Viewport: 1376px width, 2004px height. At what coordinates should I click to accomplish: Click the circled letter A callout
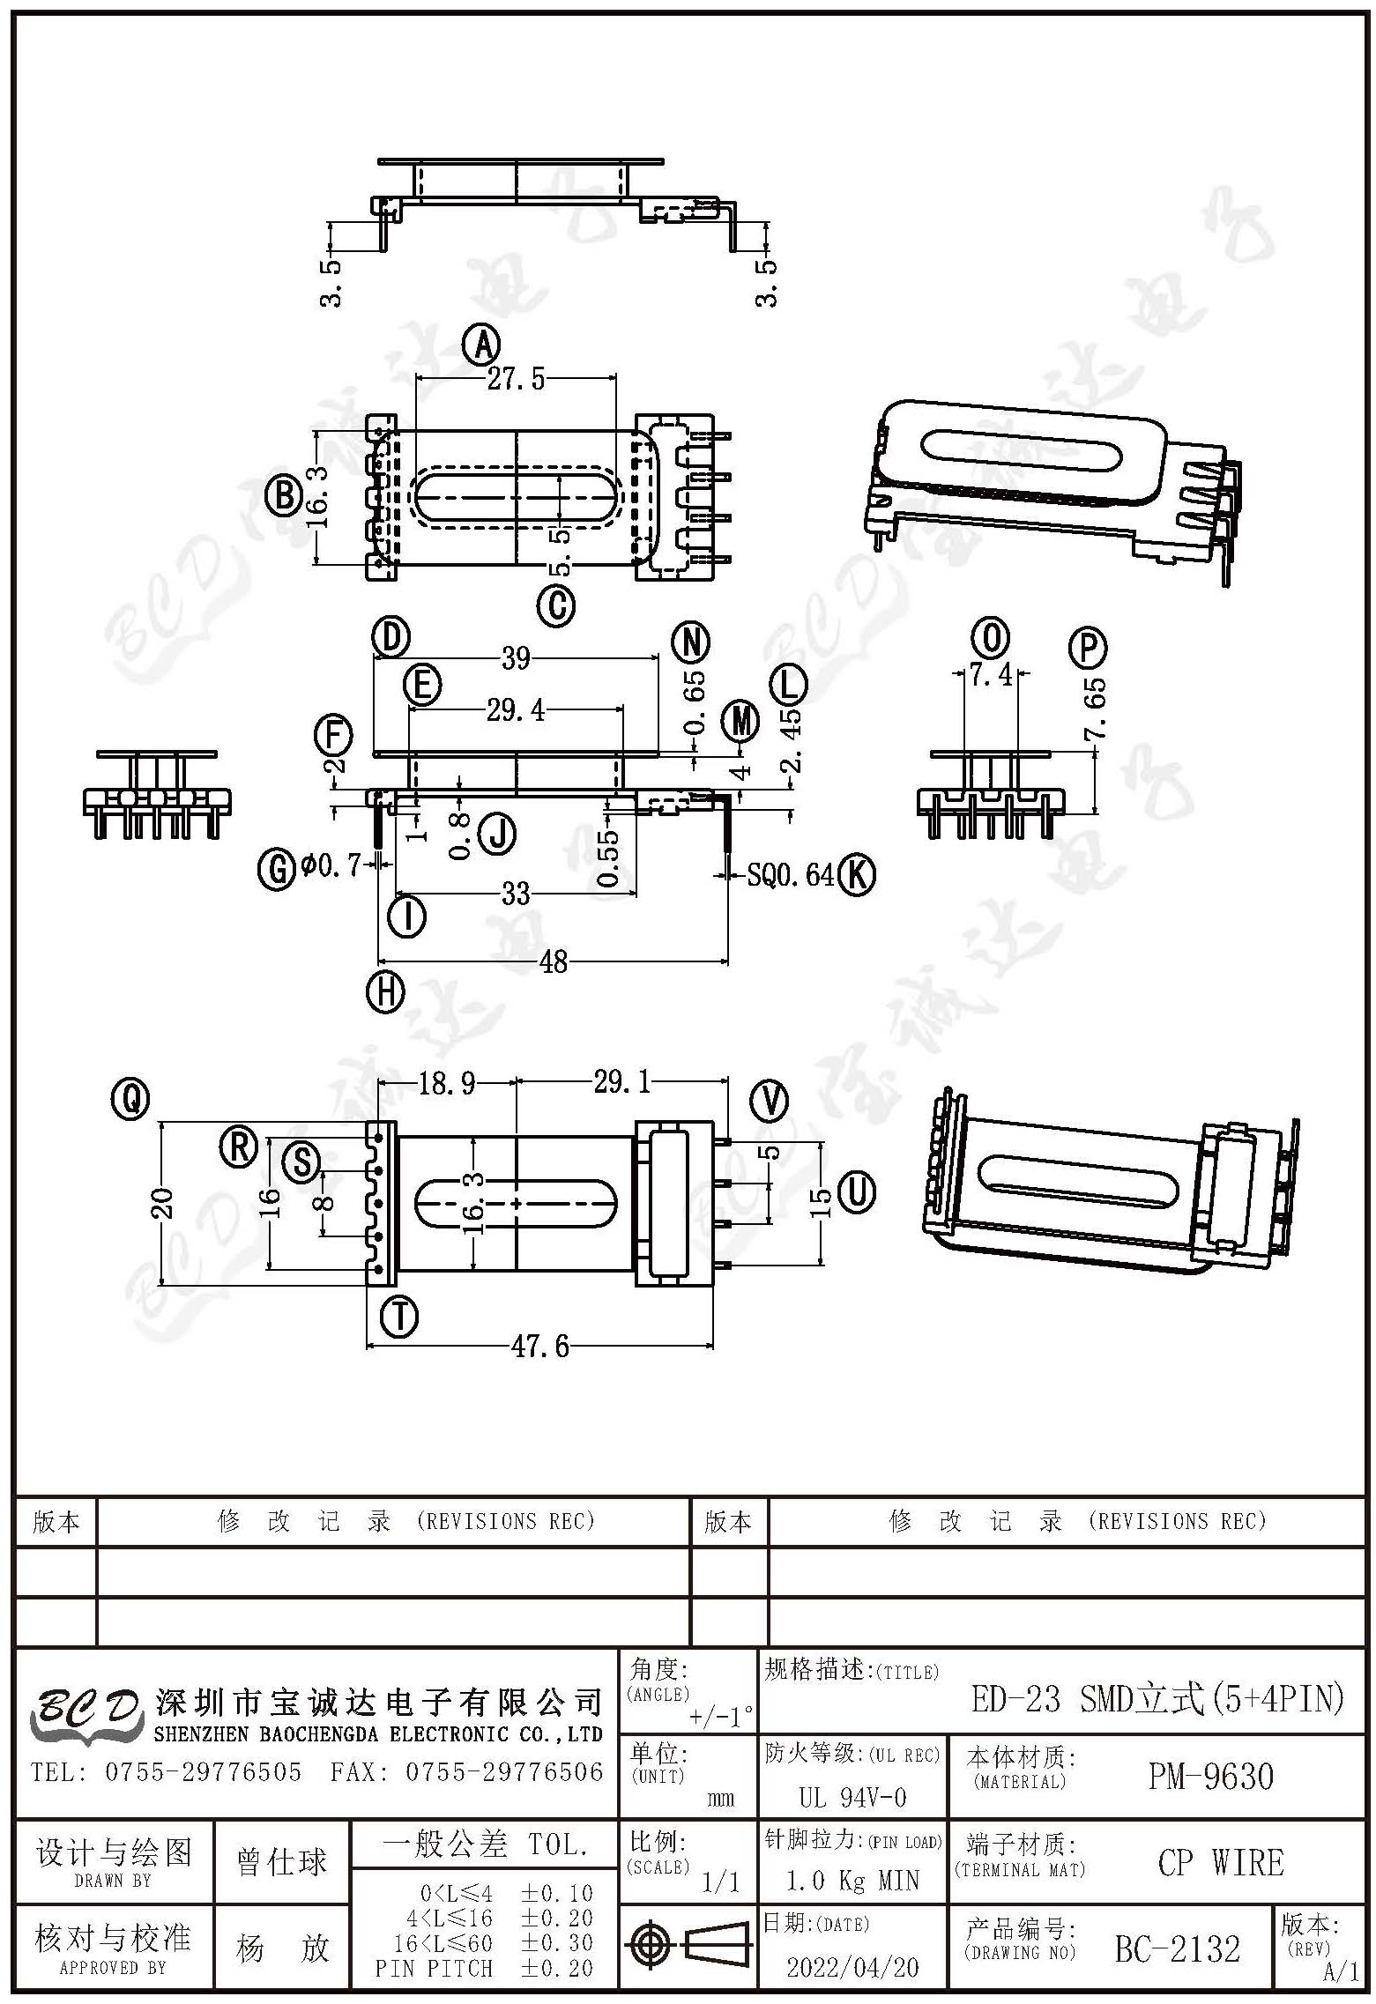coord(482,345)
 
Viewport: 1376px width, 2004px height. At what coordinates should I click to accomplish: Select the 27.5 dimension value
coord(516,379)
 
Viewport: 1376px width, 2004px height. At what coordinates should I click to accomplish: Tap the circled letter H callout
coord(385,993)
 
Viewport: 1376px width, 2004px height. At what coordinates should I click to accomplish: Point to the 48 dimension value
coord(553,961)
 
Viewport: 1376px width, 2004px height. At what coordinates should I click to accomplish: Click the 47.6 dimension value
coord(540,1347)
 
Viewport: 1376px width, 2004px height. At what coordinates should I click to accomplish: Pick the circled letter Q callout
coord(130,1099)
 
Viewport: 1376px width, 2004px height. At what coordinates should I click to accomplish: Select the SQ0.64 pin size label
coord(790,874)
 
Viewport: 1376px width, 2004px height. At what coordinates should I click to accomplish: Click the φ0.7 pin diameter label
coord(330,866)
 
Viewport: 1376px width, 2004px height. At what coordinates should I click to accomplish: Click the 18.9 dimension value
coord(447,1082)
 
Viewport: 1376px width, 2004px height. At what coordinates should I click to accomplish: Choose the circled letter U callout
coord(858,1191)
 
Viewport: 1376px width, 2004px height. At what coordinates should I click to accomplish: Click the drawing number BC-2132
coord(1177,1948)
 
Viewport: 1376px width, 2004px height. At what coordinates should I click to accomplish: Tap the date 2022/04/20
coord(852,1966)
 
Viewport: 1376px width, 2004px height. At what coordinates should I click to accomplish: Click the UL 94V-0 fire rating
coord(852,1797)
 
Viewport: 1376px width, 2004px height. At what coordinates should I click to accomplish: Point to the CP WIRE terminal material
coord(1221,1863)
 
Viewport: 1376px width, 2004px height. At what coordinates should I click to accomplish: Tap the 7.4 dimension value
coord(991,675)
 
